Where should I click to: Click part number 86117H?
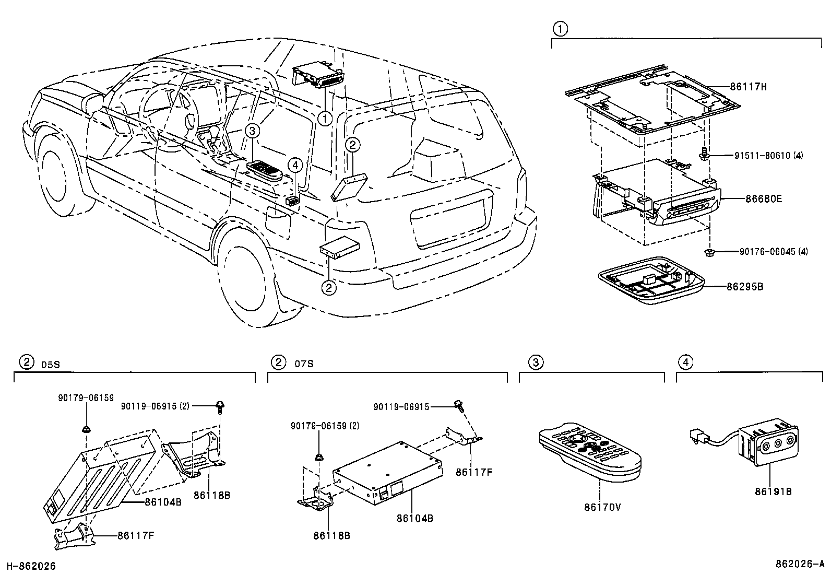748,87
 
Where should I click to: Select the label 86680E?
763,199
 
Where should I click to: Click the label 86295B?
745,287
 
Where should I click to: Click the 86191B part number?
773,491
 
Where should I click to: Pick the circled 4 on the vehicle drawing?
295,166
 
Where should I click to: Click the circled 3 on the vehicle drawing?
252,131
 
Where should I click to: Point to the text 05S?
50,365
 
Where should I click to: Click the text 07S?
304,364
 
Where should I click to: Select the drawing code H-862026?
31,566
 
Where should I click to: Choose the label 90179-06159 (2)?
325,426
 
